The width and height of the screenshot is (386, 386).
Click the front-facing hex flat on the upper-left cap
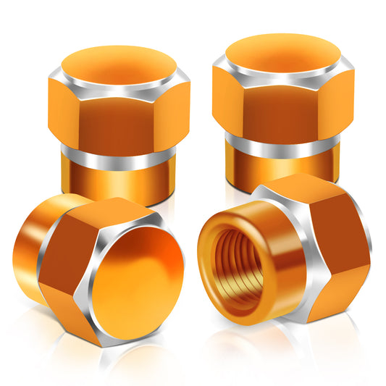coord(117,120)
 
